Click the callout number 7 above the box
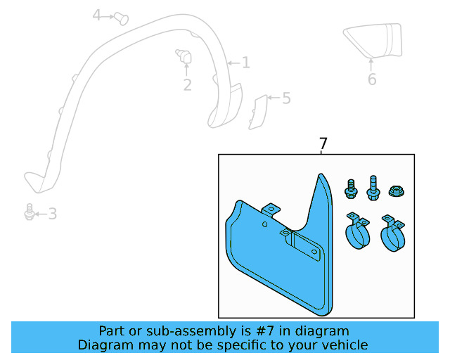[323, 144]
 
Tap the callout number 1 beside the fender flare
[245, 63]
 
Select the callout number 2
[187, 85]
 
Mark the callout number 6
[372, 79]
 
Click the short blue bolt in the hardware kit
[350, 188]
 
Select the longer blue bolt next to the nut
[372, 187]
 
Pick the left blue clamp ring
[359, 231]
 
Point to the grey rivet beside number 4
[122, 16]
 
